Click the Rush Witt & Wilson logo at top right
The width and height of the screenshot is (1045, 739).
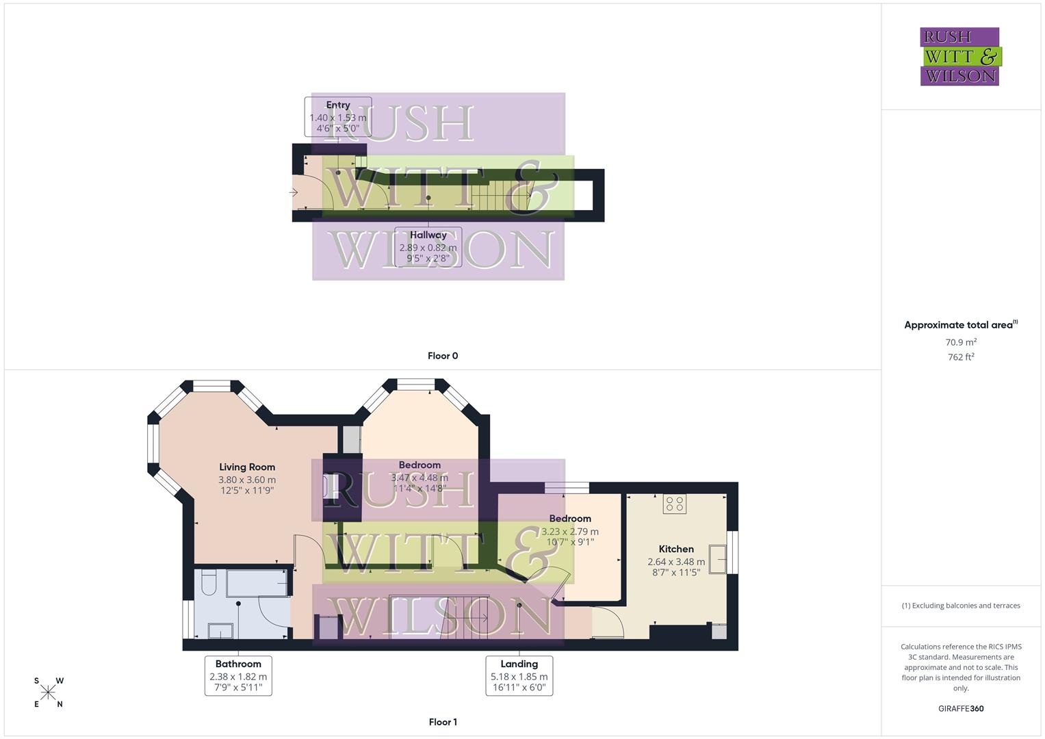coord(959,56)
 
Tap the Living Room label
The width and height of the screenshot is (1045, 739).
coord(247,467)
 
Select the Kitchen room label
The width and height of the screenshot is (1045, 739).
coord(676,549)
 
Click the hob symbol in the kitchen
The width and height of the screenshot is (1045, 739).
coord(675,504)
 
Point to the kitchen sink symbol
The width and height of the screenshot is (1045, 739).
coord(717,558)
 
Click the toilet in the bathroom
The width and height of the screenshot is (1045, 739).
coord(209,582)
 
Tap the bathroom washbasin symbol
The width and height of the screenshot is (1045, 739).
coord(220,630)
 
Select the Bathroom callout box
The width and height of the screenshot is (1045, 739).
coord(238,675)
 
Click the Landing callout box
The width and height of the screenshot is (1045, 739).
coord(519,675)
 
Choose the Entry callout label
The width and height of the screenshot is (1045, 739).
coord(338,116)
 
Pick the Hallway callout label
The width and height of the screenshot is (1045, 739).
coord(428,246)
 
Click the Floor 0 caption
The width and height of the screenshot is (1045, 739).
coord(443,356)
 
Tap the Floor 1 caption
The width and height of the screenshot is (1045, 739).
coord(443,722)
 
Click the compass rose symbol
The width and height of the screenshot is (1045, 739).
coord(48,692)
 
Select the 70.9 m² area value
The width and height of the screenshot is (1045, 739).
coord(961,342)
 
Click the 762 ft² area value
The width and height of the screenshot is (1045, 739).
coord(961,356)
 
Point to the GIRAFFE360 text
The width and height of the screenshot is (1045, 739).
coord(961,709)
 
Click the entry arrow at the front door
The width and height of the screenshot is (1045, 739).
coord(294,192)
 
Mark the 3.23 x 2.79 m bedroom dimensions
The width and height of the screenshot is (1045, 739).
coord(570,531)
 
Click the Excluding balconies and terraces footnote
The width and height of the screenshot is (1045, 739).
coord(961,606)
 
